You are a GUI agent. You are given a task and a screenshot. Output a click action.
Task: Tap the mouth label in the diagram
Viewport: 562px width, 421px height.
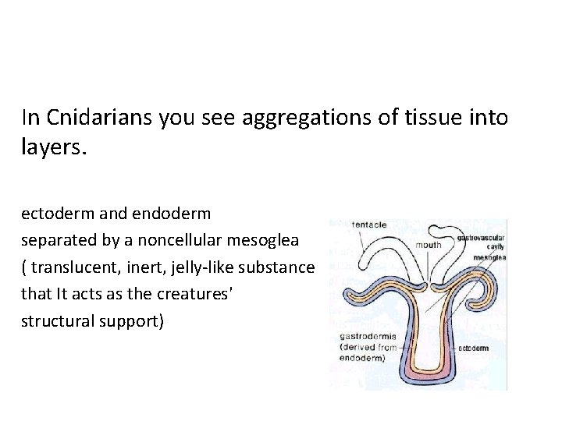429,245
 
